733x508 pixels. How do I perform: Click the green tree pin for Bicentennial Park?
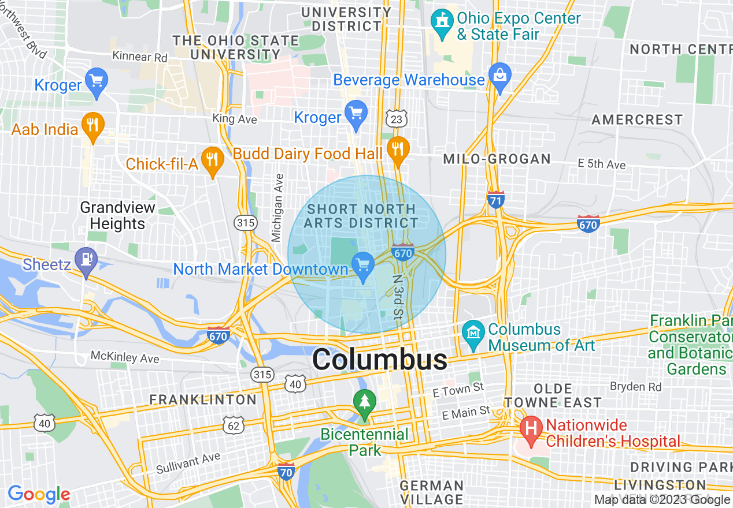[x=364, y=403]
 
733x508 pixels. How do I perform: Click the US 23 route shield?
[x=397, y=119]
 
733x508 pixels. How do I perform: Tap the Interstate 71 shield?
[x=495, y=200]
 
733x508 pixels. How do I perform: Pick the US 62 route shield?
[x=234, y=426]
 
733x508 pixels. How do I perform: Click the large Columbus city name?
[x=380, y=360]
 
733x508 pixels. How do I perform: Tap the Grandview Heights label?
[x=118, y=215]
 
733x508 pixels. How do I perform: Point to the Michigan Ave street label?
[x=278, y=207]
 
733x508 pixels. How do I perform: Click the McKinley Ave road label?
[x=125, y=357]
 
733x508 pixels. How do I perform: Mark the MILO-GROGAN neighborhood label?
[x=497, y=159]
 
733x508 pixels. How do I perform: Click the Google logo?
[x=39, y=494]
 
